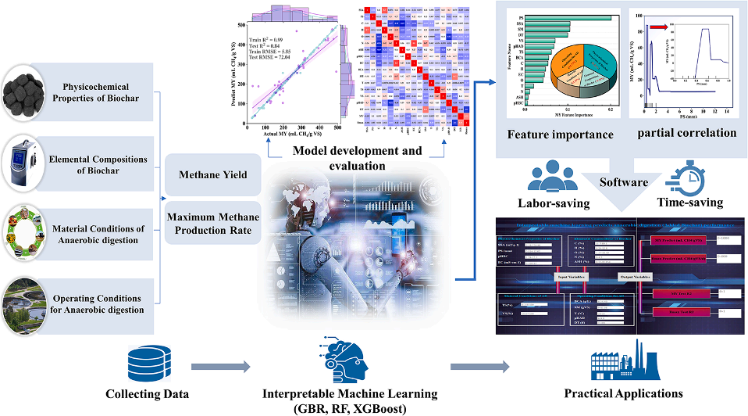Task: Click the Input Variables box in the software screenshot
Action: click(575, 277)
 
